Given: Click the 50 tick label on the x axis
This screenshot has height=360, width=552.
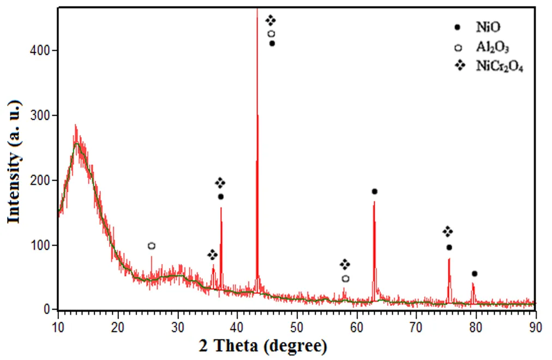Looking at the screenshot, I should pos(297,327).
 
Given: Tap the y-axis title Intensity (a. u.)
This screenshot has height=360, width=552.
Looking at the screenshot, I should pos(14,161).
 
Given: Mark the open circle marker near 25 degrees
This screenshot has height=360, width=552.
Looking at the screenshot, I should pos(152,246).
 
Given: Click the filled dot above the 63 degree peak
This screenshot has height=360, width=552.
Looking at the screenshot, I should pos(375,191).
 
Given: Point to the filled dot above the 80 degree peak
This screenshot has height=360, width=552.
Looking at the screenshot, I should pos(475,273).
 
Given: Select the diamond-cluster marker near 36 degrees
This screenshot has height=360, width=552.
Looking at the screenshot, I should pos(212,255).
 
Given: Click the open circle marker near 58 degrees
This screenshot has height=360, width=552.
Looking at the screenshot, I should pos(345,279).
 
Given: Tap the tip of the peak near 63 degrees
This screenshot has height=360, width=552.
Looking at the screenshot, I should pos(374,202).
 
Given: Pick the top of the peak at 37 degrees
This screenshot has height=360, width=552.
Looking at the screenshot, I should pos(221,208).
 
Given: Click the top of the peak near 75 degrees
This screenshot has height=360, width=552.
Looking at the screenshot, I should pos(449,259).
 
